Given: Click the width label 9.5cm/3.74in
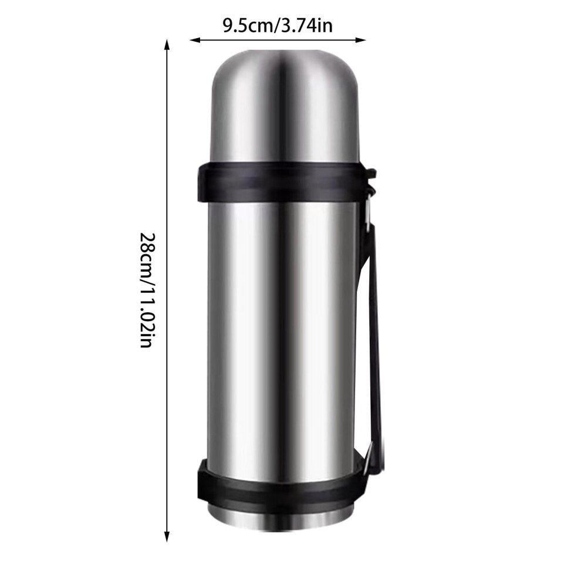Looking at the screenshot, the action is [278, 26].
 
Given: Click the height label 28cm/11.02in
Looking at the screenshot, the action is [146, 290].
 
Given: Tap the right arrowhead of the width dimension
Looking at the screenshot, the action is [360, 40].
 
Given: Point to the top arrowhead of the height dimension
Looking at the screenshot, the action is [167, 45].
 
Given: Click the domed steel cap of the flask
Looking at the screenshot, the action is [285, 107].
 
